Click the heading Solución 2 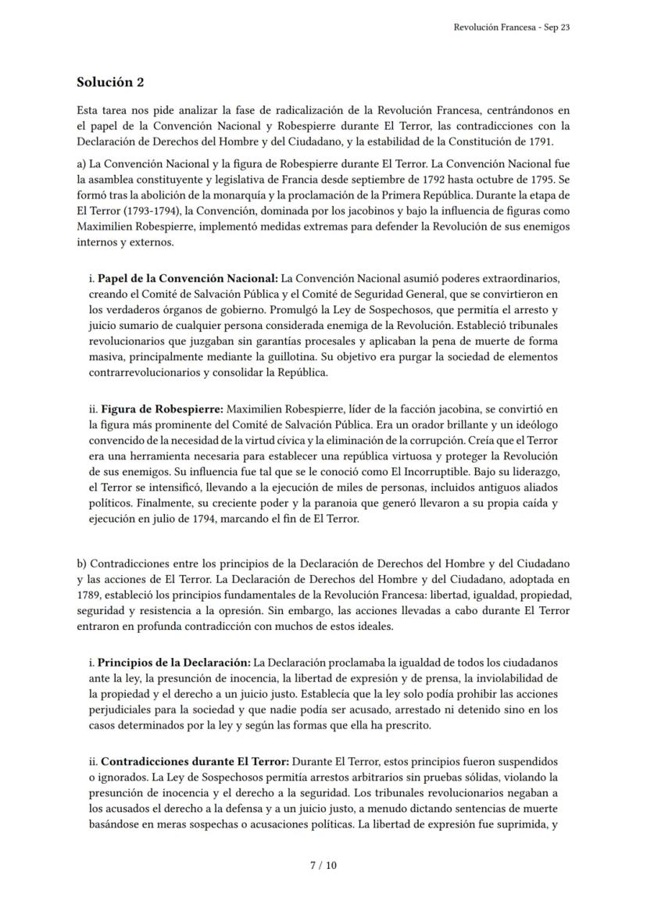click(110, 82)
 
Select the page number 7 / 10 click(323, 865)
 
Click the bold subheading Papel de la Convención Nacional click(188, 278)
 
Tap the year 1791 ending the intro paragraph click(540, 141)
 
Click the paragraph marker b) click(82, 563)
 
